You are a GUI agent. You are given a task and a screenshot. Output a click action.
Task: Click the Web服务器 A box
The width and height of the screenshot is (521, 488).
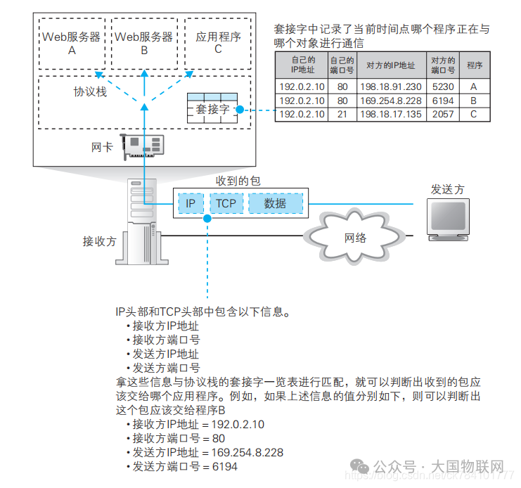[x=72, y=43]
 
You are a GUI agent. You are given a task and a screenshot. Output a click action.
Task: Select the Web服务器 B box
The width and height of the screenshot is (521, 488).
[x=143, y=43]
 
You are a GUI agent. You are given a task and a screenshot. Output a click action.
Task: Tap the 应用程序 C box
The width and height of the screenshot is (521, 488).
[x=218, y=43]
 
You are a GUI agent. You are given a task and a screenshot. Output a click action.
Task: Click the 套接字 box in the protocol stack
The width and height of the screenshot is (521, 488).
[x=212, y=109]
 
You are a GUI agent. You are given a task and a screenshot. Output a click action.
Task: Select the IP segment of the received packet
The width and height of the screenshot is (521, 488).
[x=191, y=203]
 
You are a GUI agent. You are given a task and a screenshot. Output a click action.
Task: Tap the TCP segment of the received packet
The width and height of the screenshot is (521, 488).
[x=226, y=203]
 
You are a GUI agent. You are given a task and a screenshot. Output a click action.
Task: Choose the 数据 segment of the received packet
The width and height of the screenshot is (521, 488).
[x=275, y=203]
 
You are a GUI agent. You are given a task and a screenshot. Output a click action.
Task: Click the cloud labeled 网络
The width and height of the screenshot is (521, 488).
[x=355, y=238]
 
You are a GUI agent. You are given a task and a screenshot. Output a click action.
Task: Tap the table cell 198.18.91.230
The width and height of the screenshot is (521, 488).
[x=390, y=86]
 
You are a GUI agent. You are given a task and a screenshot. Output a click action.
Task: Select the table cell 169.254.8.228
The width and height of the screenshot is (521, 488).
[x=390, y=101]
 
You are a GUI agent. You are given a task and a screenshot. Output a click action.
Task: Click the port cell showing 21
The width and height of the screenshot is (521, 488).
[x=342, y=114]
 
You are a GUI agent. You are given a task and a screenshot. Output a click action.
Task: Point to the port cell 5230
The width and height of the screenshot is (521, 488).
[x=443, y=86]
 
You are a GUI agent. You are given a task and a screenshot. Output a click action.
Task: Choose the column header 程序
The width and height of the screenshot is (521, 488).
[x=474, y=65]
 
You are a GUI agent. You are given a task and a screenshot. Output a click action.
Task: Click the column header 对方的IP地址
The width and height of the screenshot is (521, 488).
[x=390, y=65]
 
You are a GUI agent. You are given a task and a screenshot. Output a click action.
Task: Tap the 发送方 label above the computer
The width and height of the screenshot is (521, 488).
[x=448, y=190]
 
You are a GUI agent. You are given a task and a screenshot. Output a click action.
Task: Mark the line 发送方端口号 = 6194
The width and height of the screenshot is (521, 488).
[x=184, y=467]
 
